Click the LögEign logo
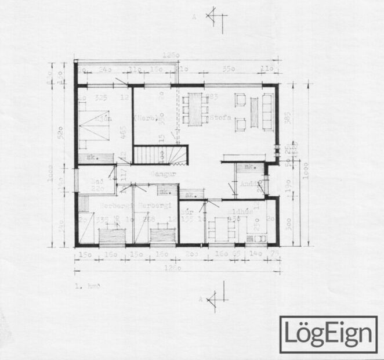[x=328, y=334]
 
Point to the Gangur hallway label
[x=163, y=173]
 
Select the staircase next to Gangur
[x=162, y=155]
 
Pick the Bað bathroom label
[x=99, y=181]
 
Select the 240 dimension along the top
[x=105, y=69]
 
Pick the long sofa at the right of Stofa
[x=267, y=111]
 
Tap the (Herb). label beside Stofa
[x=145, y=118]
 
